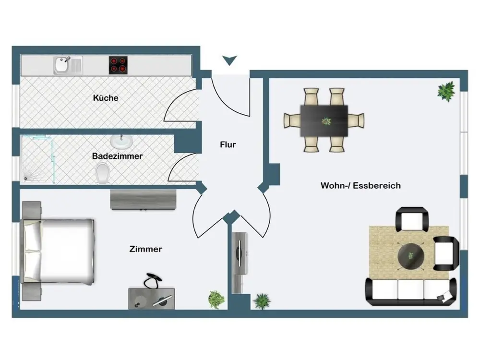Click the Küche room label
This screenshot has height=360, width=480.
(106, 98)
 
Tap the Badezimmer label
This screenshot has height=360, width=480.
(118, 156)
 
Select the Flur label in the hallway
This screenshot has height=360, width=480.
(228, 144)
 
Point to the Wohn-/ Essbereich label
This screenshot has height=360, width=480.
(360, 185)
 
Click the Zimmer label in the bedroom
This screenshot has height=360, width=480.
(146, 249)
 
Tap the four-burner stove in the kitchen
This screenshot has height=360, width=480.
(119, 65)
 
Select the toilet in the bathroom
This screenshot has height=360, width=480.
(102, 173)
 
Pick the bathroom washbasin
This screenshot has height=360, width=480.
(121, 142)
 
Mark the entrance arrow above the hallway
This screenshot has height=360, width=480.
(230, 60)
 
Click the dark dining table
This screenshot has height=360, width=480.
(324, 120)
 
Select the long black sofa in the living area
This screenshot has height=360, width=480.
(411, 292)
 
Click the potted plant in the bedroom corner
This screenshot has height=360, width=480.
(216, 300)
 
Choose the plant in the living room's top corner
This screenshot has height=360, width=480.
(446, 91)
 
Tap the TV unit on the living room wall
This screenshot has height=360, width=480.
(240, 262)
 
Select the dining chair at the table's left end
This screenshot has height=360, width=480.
(292, 120)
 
